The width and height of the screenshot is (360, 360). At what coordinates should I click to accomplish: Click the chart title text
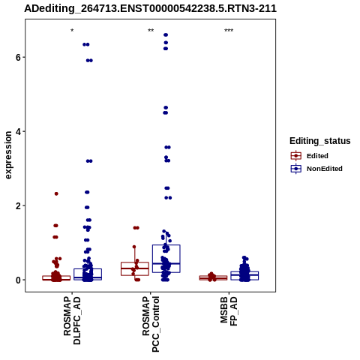click(150, 8)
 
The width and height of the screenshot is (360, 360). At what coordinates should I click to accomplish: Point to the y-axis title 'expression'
click(8, 155)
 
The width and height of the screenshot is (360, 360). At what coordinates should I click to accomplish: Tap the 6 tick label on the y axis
click(18, 57)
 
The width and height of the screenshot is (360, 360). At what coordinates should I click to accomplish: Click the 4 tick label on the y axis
click(18, 131)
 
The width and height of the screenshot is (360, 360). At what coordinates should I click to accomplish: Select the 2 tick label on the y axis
click(18, 205)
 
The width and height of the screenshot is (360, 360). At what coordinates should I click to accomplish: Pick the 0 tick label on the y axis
click(18, 280)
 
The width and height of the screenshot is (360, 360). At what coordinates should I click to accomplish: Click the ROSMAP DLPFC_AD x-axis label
click(72, 321)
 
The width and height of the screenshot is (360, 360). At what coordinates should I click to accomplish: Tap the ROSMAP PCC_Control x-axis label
click(151, 324)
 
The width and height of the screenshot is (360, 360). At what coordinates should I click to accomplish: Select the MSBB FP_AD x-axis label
click(229, 311)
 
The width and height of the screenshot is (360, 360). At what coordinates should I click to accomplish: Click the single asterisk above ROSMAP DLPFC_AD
click(72, 31)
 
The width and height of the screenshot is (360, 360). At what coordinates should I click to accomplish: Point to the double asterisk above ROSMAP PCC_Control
click(151, 31)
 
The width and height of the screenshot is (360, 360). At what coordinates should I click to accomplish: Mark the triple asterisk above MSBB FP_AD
click(229, 31)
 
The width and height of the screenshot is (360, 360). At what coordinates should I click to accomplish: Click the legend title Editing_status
click(319, 141)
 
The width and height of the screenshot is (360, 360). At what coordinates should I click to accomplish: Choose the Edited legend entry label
click(317, 156)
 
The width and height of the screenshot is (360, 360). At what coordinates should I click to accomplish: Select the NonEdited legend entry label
click(325, 169)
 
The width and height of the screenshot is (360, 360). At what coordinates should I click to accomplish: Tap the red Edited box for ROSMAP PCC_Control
click(135, 268)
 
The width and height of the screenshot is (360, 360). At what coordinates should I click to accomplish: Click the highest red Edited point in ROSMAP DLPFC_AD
click(56, 193)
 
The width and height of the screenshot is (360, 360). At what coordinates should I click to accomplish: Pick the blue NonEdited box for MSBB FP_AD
click(244, 275)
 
